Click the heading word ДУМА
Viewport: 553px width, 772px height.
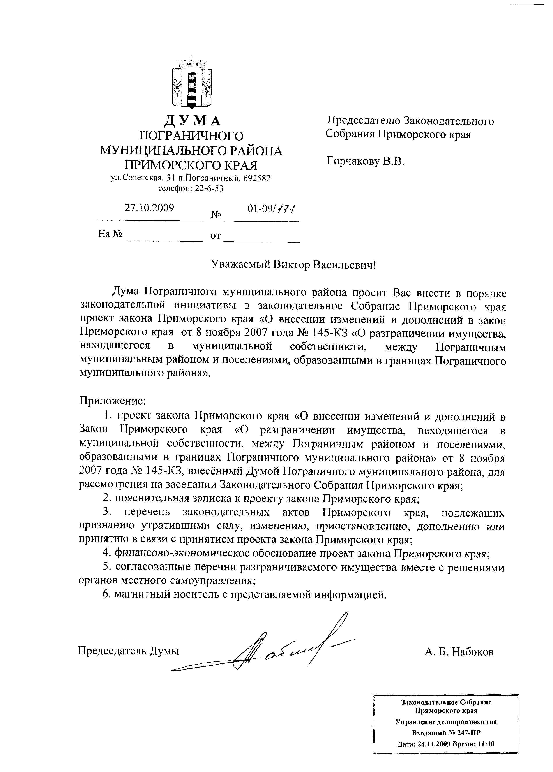coord(192,121)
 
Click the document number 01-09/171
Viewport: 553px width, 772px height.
coord(271,209)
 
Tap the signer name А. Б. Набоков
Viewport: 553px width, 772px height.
coord(459,652)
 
